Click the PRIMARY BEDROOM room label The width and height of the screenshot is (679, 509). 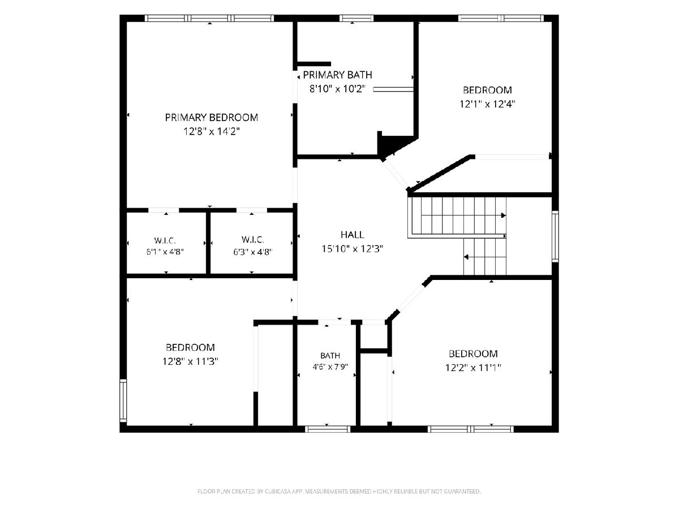[x=211, y=118]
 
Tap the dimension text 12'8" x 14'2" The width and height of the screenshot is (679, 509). [x=212, y=132]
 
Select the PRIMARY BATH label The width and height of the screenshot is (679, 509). [x=337, y=75]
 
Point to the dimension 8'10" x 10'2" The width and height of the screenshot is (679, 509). [x=337, y=89]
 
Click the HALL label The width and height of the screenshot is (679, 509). [x=352, y=235]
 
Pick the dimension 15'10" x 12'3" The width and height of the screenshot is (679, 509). [x=352, y=249]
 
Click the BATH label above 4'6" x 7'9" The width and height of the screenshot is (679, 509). [x=330, y=355]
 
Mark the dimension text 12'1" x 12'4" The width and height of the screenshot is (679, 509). [x=487, y=104]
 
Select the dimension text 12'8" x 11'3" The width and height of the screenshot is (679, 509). [x=190, y=361]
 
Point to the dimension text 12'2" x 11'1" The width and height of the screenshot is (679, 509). [x=473, y=368]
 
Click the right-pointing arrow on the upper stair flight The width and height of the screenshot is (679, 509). [x=503, y=215]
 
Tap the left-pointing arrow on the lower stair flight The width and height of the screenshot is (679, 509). [x=466, y=257]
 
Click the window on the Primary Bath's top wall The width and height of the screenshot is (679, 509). [x=356, y=18]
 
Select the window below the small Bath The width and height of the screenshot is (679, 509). [x=327, y=429]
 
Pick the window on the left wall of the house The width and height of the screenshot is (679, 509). [x=123, y=400]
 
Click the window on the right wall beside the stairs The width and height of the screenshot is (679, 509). [x=555, y=236]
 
